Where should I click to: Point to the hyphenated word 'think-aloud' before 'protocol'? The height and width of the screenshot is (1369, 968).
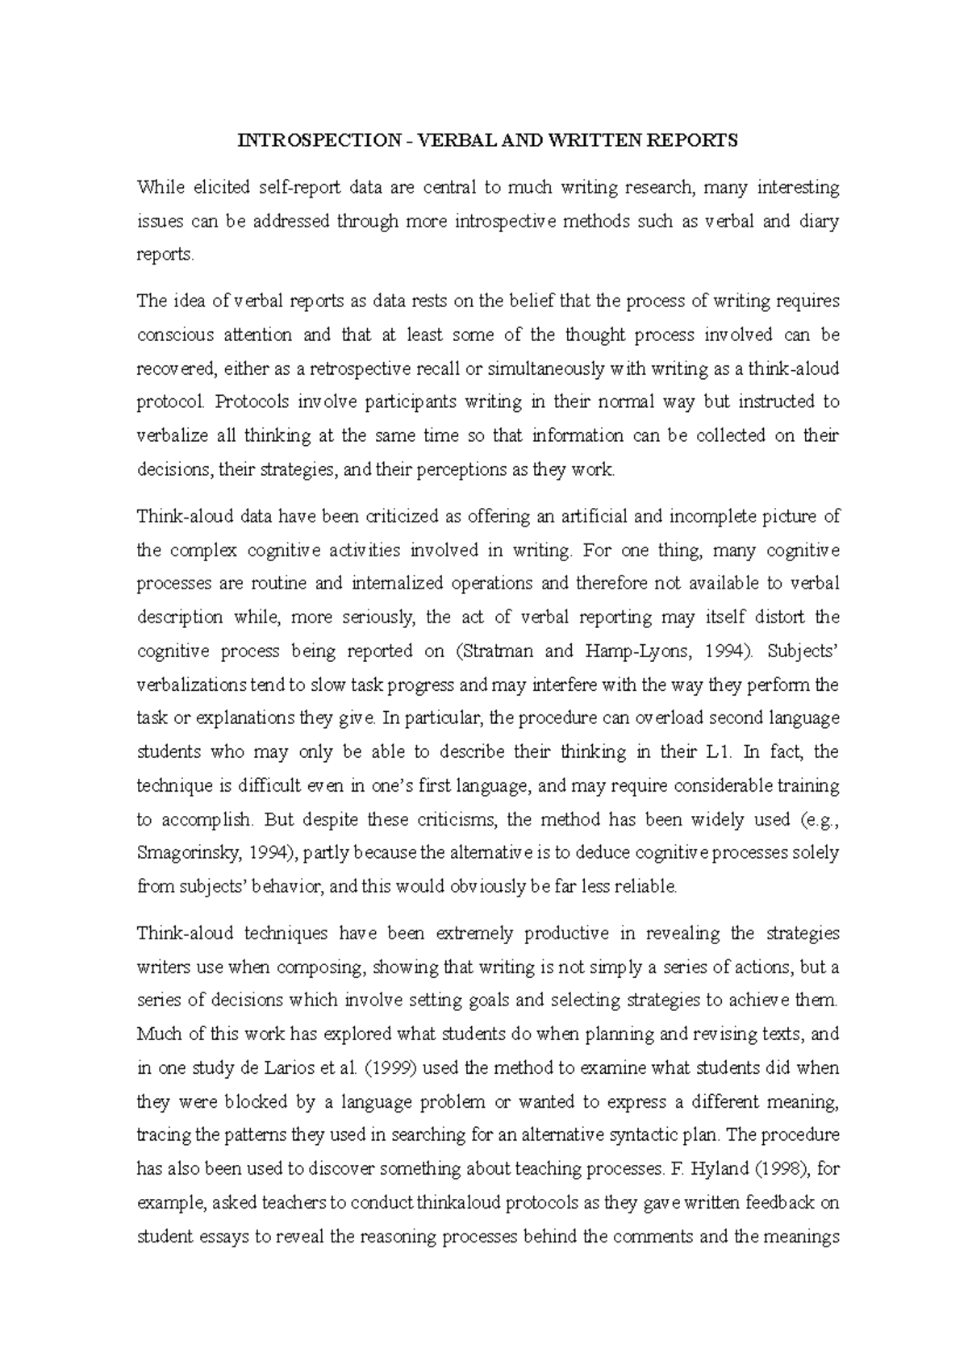(795, 369)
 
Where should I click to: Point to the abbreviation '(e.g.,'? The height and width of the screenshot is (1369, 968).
(815, 820)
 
